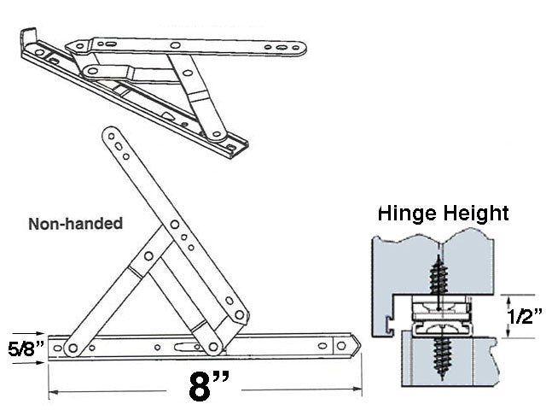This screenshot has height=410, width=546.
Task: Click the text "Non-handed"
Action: tap(76, 224)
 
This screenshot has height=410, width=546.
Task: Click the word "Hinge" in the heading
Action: tap(408, 213)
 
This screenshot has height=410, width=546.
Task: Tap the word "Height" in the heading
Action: tap(479, 213)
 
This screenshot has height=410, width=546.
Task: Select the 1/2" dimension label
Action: tap(525, 317)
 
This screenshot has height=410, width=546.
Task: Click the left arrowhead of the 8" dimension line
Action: tap(53, 392)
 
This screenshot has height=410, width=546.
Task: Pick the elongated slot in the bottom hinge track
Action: tap(183, 346)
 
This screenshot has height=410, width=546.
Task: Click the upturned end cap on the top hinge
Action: tap(28, 38)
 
